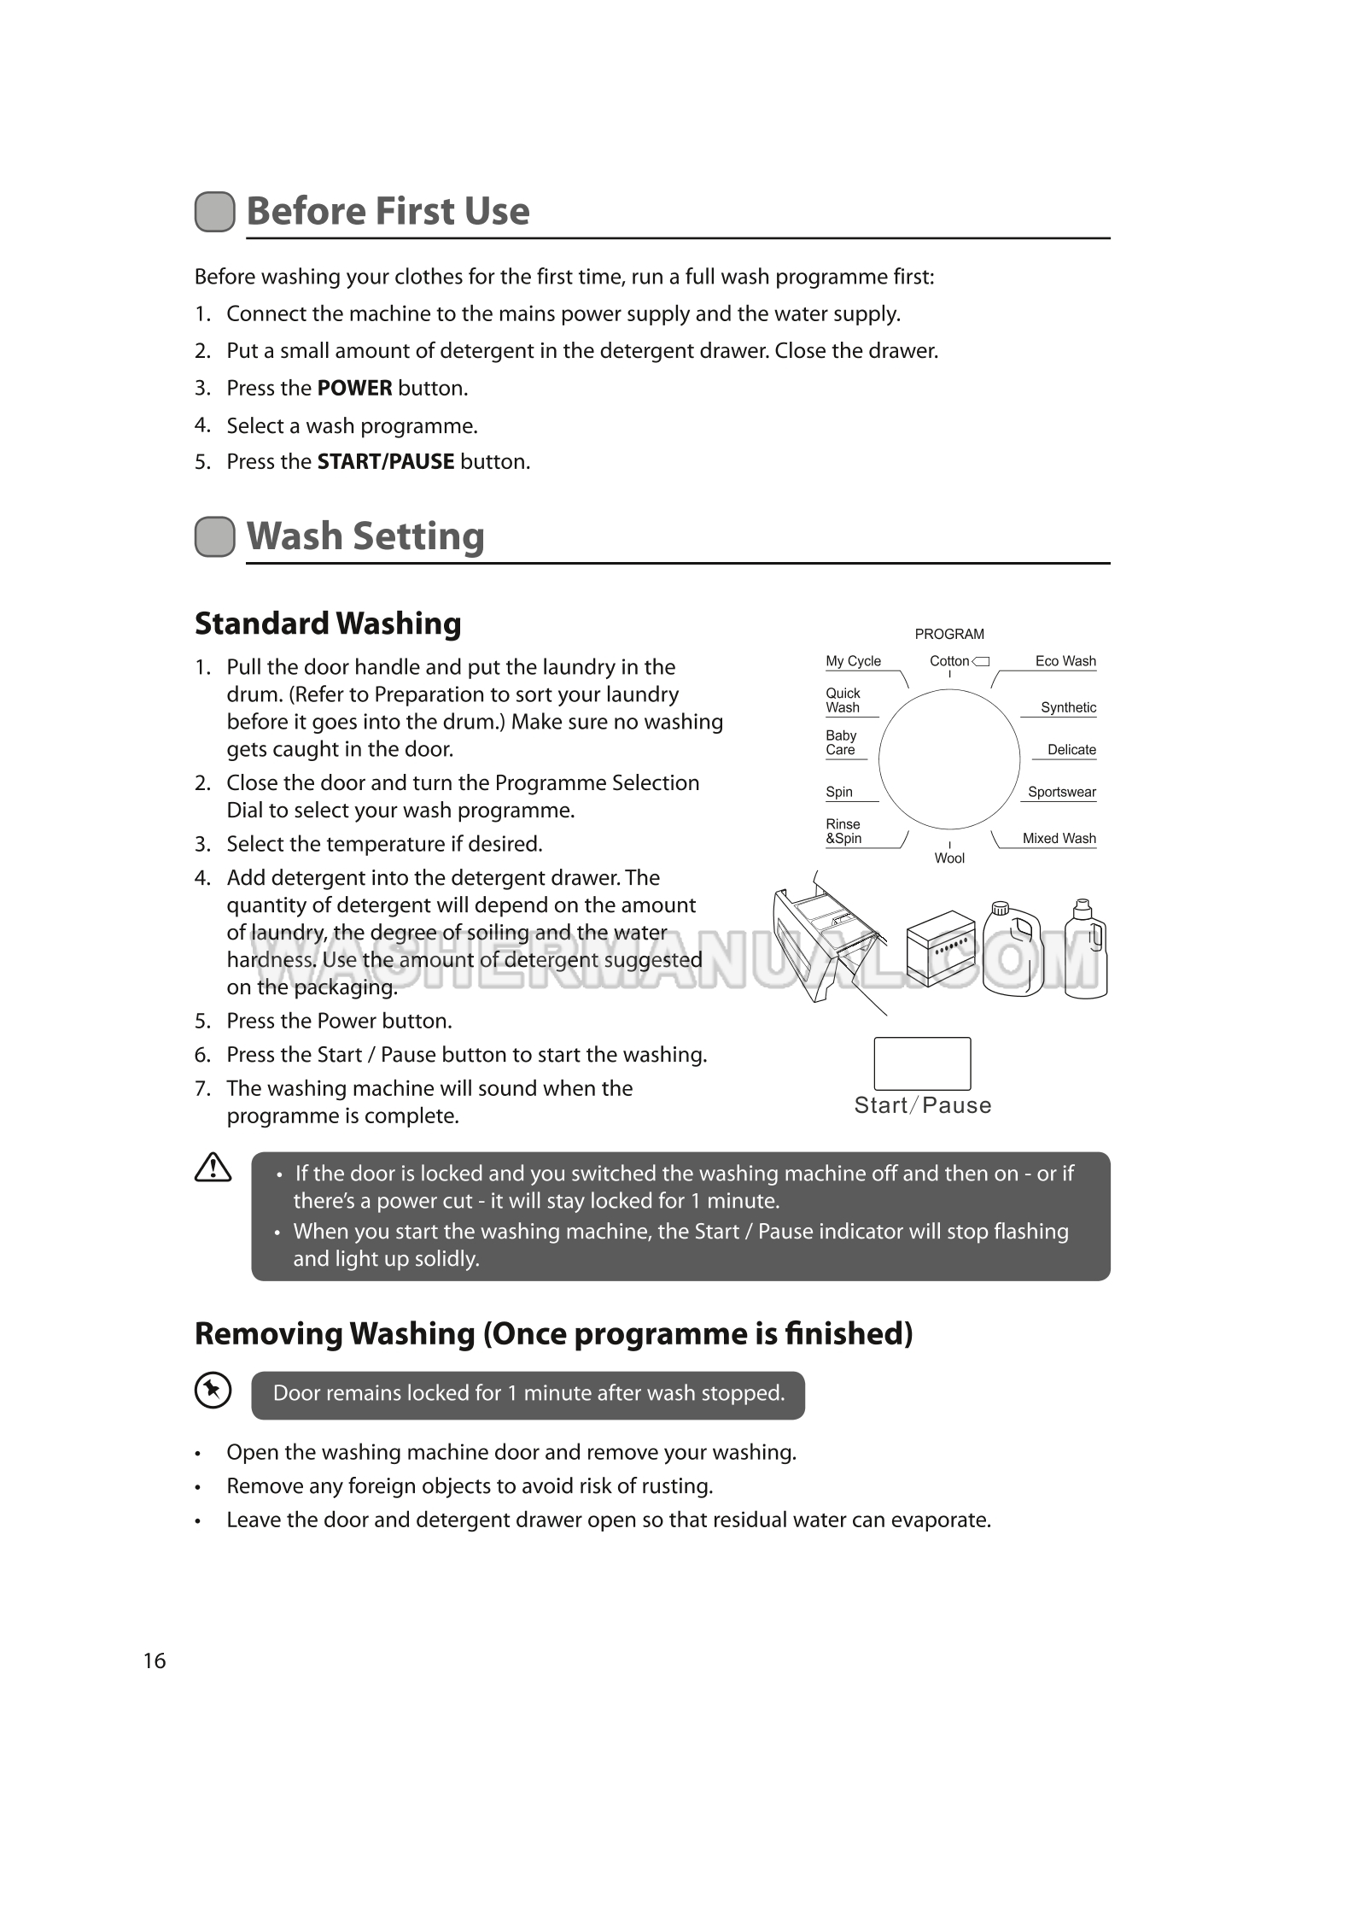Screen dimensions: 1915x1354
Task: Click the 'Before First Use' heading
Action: (388, 212)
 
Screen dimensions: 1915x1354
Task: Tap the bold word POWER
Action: (354, 389)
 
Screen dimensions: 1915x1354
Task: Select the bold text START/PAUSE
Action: (385, 462)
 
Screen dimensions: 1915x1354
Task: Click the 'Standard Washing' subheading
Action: (328, 624)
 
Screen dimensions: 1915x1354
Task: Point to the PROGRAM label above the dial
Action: (949, 634)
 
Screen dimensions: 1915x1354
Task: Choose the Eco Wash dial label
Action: (1065, 661)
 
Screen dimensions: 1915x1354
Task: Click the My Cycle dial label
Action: (853, 661)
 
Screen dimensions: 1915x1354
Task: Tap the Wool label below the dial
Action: (949, 858)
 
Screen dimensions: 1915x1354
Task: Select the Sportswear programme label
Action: (1061, 792)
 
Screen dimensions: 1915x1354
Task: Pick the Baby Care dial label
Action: (841, 742)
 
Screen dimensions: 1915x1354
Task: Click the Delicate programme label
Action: (1071, 750)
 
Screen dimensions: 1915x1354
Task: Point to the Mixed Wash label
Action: (1059, 839)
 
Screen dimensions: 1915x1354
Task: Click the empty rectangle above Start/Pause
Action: (922, 1063)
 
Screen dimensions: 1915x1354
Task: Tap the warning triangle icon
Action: (213, 1168)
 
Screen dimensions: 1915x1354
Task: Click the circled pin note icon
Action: (213, 1391)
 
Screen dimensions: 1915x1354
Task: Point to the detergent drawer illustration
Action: (828, 940)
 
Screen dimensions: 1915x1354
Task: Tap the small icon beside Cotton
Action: (981, 661)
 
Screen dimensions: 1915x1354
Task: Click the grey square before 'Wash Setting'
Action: (214, 536)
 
